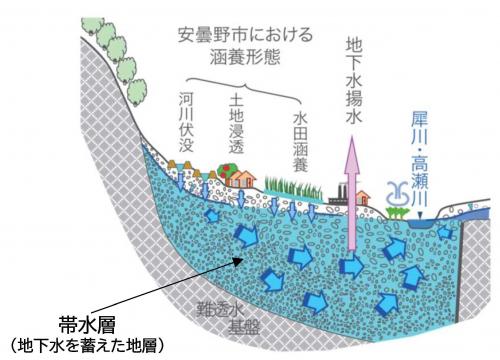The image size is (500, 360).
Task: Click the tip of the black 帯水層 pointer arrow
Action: (235, 259)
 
